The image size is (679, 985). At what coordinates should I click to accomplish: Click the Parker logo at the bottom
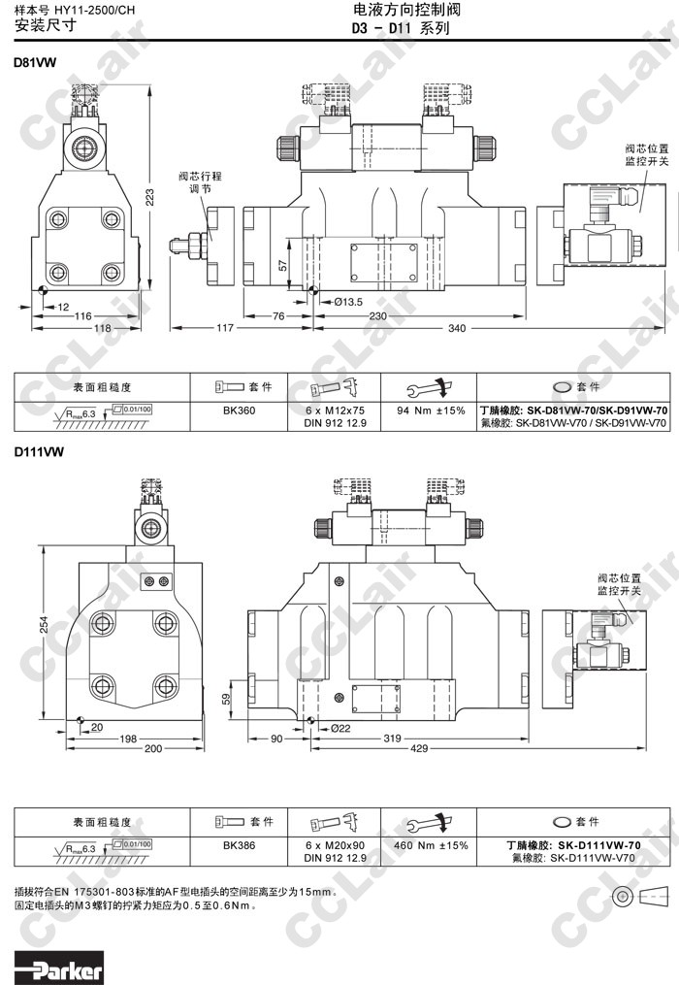click(x=58, y=969)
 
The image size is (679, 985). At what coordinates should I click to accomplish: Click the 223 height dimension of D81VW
click(x=150, y=197)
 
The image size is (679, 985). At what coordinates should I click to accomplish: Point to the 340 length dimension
click(x=456, y=329)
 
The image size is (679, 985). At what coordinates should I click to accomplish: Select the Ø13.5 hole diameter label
click(x=348, y=301)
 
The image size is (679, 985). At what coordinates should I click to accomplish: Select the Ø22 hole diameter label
click(x=340, y=728)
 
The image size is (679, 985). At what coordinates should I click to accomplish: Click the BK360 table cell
click(x=239, y=410)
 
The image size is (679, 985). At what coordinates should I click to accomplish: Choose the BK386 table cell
click(x=239, y=845)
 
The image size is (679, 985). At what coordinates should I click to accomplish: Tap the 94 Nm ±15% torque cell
click(x=432, y=410)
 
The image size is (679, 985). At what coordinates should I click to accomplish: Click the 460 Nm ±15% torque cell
click(x=432, y=845)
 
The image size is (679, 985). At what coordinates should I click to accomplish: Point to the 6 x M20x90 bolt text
click(x=329, y=845)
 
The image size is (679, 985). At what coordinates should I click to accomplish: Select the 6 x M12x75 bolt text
click(x=329, y=410)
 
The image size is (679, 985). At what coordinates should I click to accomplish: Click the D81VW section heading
click(x=35, y=62)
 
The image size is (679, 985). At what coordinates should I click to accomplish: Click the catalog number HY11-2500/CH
click(x=94, y=9)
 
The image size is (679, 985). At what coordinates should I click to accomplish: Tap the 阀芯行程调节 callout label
click(x=200, y=183)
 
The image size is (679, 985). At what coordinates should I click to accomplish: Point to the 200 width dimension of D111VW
click(x=153, y=748)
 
